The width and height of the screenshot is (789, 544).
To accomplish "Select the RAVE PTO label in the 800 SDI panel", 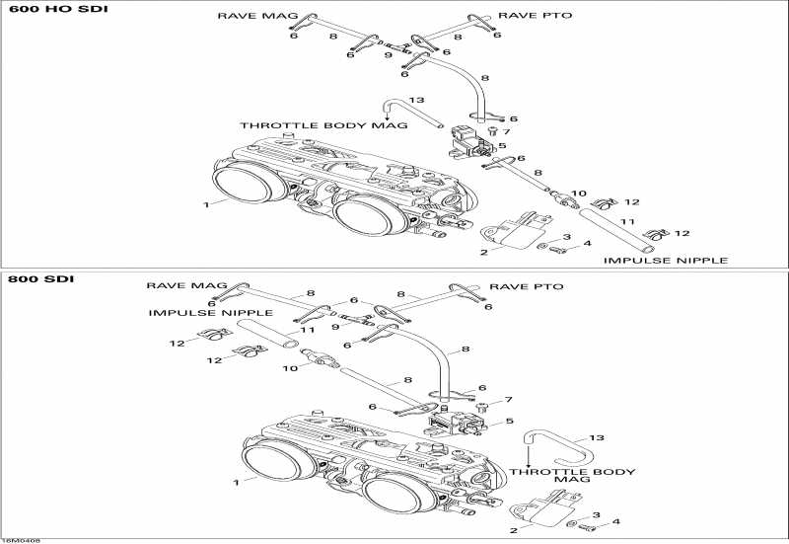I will pyautogui.click(x=533, y=286).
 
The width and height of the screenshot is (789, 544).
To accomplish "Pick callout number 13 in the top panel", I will pyautogui.click(x=416, y=100).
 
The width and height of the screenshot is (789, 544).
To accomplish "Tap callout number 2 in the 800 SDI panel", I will pyautogui.click(x=513, y=530).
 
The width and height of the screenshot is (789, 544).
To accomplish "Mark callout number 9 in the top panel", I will pyautogui.click(x=388, y=55).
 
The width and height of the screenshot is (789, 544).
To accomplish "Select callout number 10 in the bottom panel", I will pyautogui.click(x=291, y=368).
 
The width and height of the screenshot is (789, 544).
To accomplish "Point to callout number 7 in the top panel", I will pyautogui.click(x=506, y=131).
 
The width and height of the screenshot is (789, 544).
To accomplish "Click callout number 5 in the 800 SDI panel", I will pyautogui.click(x=509, y=422).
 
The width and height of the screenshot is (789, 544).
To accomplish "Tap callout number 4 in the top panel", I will pyautogui.click(x=588, y=243).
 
